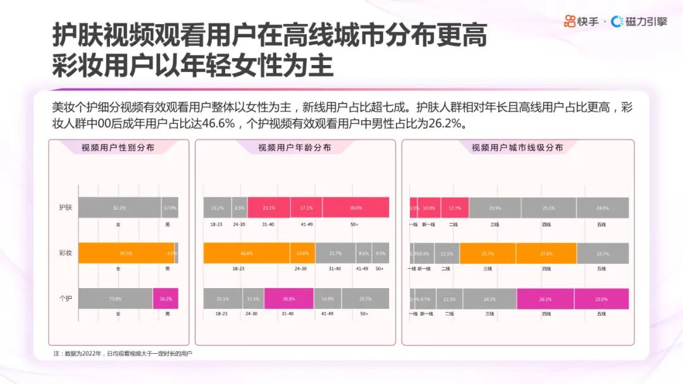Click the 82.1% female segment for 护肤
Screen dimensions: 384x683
click(x=120, y=208)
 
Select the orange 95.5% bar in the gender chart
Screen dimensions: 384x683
click(x=126, y=253)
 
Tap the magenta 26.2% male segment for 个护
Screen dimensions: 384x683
click(x=166, y=299)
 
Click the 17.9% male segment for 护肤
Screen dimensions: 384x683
click(x=169, y=208)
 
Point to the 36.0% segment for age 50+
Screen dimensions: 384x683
click(x=355, y=208)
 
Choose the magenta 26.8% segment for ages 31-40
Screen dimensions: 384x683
click(x=288, y=299)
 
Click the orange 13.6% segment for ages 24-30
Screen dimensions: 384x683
click(x=303, y=253)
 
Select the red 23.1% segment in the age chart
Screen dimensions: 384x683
click(x=269, y=208)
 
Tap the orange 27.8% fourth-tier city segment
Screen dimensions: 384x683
click(x=546, y=253)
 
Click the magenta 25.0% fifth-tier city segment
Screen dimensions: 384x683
click(x=601, y=299)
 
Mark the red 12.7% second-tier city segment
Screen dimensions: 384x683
click(x=455, y=208)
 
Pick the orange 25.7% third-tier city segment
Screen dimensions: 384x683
click(x=488, y=253)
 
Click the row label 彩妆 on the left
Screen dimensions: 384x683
click(x=65, y=253)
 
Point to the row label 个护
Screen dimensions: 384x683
click(x=65, y=298)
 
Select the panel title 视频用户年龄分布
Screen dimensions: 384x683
click(x=295, y=148)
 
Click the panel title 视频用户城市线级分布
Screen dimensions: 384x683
click(x=517, y=148)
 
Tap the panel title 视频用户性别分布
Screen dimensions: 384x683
click(x=118, y=148)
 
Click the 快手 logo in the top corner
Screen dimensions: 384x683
click(x=581, y=21)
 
